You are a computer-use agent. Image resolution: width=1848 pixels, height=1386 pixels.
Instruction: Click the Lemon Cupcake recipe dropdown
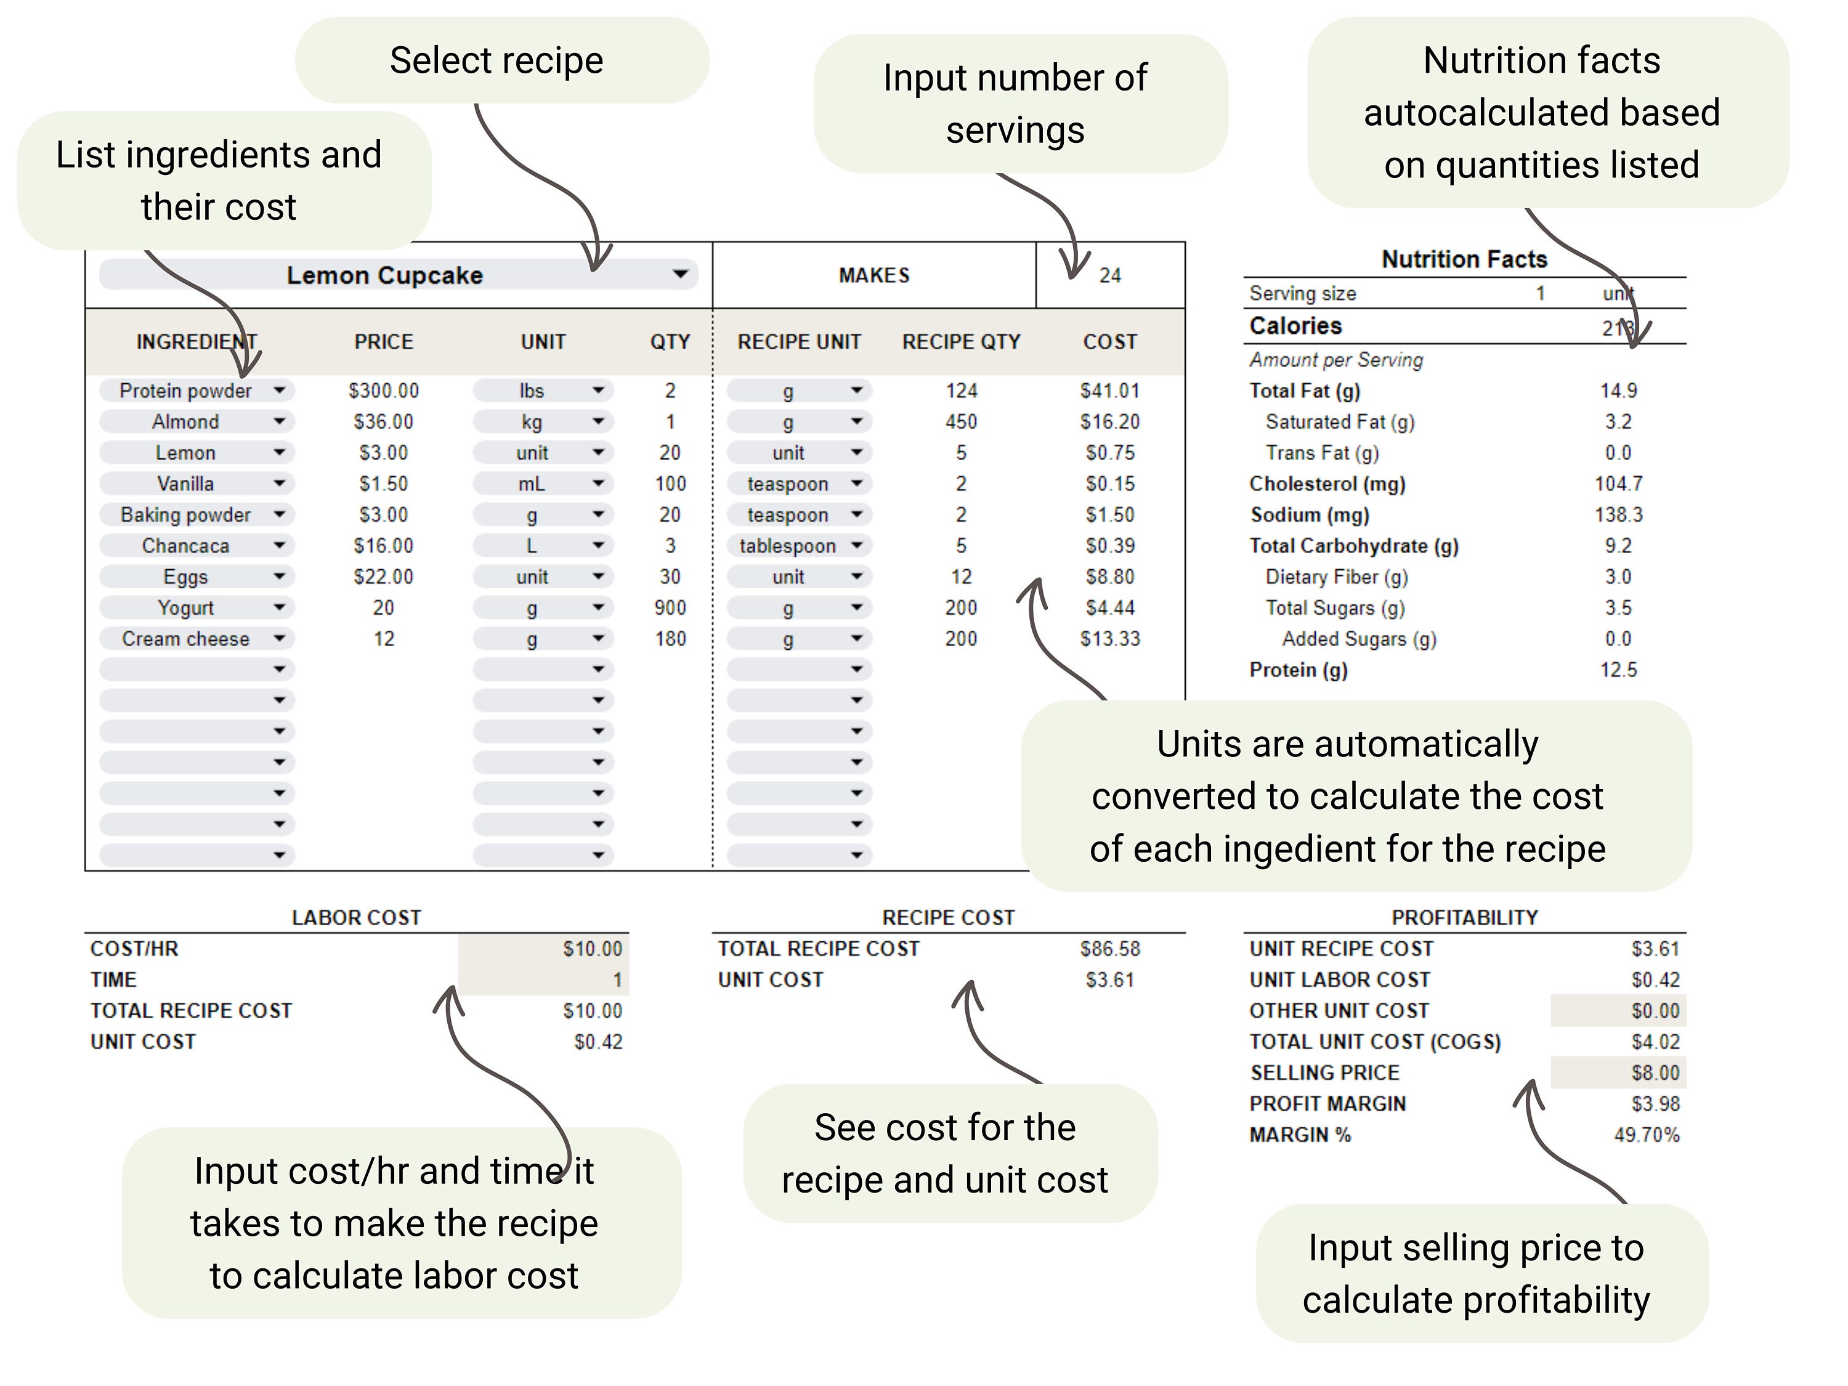pyautogui.click(x=398, y=275)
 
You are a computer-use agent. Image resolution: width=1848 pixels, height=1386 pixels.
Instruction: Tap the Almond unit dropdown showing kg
pyautogui.click(x=543, y=422)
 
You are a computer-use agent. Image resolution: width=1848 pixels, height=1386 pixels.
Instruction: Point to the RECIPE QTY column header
pyautogui.click(x=961, y=342)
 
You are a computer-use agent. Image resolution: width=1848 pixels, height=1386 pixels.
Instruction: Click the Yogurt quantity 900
pyautogui.click(x=670, y=608)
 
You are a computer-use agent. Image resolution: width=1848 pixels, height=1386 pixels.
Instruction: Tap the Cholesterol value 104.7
pyautogui.click(x=1618, y=484)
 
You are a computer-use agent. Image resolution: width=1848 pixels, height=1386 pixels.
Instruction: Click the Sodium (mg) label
pyautogui.click(x=1309, y=514)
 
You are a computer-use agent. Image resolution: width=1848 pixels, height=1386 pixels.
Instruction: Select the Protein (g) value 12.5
pyautogui.click(x=1618, y=670)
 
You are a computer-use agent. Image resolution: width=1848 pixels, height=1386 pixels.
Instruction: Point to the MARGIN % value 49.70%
pyautogui.click(x=1646, y=1135)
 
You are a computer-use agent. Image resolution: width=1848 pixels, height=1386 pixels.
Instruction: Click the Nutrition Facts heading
pyautogui.click(x=1464, y=259)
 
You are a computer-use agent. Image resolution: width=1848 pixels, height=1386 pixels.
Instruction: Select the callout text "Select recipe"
pyautogui.click(x=496, y=61)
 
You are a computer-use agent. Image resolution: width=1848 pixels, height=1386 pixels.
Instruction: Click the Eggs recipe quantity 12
pyautogui.click(x=961, y=577)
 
